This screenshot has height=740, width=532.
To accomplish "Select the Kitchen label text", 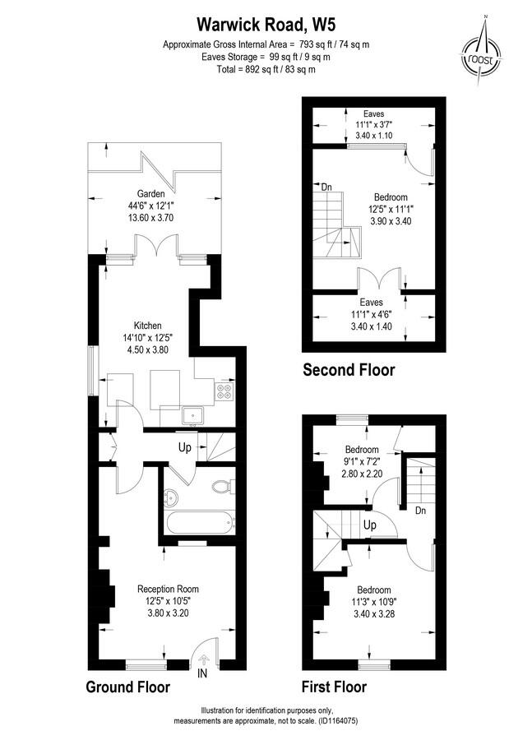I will click(x=149, y=326).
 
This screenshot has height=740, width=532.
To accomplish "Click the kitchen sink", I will click(x=193, y=415).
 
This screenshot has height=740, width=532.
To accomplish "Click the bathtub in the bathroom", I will click(x=199, y=520).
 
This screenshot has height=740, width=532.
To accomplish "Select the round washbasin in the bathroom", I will click(x=172, y=496).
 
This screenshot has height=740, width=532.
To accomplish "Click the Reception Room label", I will click(x=168, y=589).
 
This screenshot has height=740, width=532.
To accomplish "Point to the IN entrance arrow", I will click(x=202, y=659).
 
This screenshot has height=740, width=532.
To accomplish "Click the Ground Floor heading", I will click(x=128, y=687).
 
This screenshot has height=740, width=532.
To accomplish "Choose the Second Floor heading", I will click(x=349, y=370).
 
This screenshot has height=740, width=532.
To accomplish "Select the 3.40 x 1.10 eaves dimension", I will click(x=374, y=134).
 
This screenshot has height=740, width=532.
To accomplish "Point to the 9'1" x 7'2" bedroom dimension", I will click(x=362, y=462).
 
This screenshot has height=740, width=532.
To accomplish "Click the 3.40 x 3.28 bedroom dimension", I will click(x=373, y=613).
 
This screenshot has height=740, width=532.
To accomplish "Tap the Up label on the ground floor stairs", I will click(x=186, y=449).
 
